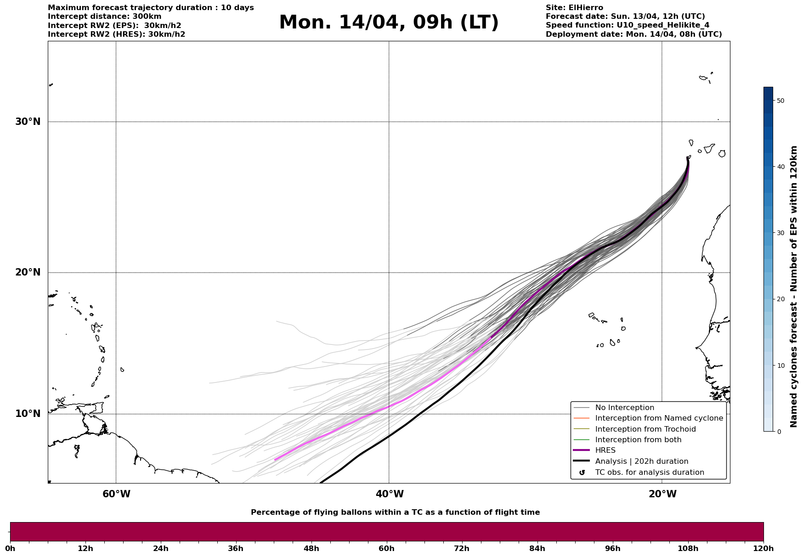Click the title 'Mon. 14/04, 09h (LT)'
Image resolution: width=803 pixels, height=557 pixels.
389,23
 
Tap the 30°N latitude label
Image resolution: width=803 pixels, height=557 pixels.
28,122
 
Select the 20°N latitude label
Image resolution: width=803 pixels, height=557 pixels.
28,272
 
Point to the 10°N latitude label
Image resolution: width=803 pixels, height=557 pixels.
28,414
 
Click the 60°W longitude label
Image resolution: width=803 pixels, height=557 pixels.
116,494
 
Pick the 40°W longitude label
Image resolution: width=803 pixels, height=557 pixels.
390,494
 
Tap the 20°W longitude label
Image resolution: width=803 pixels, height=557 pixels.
662,494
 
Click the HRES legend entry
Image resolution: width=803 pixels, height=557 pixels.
605,450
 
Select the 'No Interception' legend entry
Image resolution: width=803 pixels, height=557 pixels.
624,408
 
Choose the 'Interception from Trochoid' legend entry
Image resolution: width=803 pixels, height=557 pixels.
645,429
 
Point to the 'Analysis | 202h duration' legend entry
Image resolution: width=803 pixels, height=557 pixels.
641,461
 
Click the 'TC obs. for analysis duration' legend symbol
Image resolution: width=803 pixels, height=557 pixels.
582,473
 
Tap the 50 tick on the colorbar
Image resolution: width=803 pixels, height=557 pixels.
780,101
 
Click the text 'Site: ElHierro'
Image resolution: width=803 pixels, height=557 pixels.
574,8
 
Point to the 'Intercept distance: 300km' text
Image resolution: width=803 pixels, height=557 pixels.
105,17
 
